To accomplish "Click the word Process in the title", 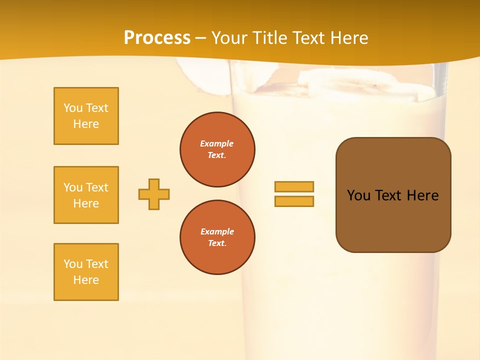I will (x=157, y=38).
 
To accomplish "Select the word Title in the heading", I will (x=268, y=38).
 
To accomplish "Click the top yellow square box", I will (x=86, y=116).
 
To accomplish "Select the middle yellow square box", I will (x=86, y=195).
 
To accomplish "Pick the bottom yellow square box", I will (x=86, y=272).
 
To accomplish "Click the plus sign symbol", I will (x=154, y=194).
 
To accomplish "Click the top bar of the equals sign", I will (x=294, y=186).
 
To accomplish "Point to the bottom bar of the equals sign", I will (x=294, y=201).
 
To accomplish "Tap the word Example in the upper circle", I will (x=216, y=143).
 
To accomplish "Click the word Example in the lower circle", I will (x=217, y=231).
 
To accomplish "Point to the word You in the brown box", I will (x=358, y=195).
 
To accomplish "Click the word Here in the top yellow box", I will (x=86, y=124).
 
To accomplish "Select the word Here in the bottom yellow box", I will (x=86, y=280).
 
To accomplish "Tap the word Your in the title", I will (x=229, y=38).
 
